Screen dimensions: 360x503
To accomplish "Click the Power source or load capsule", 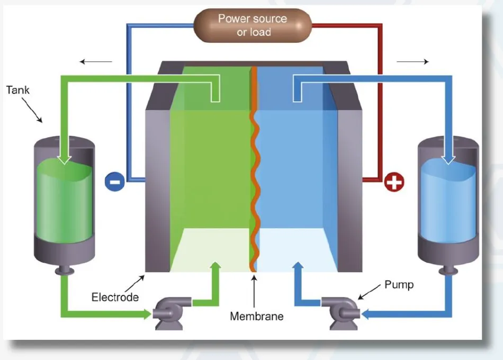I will pos(252,25).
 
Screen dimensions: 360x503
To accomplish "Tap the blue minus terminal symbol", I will pos(114,181).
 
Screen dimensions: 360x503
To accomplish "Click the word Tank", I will pos(18,90).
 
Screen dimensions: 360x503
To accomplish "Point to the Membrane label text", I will pos(256,317).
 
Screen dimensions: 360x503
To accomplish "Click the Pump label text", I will pos(399,285).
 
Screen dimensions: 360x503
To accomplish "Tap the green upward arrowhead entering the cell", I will pos(214,266).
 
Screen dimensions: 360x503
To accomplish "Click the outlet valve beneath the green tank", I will pos(64,272).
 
